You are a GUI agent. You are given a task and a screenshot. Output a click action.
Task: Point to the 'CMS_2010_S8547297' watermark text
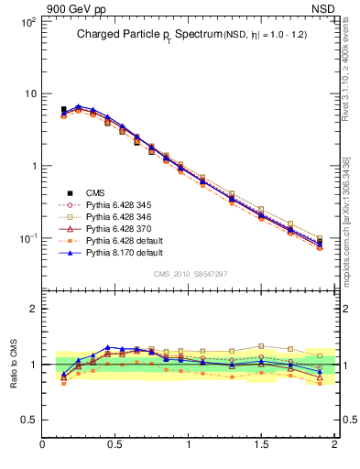click(x=190, y=273)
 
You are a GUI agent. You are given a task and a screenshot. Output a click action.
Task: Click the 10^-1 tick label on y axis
click(x=27, y=238)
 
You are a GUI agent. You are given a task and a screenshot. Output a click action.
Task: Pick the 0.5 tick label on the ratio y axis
click(x=27, y=420)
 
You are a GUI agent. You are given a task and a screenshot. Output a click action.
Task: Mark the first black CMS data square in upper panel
click(x=63, y=110)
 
